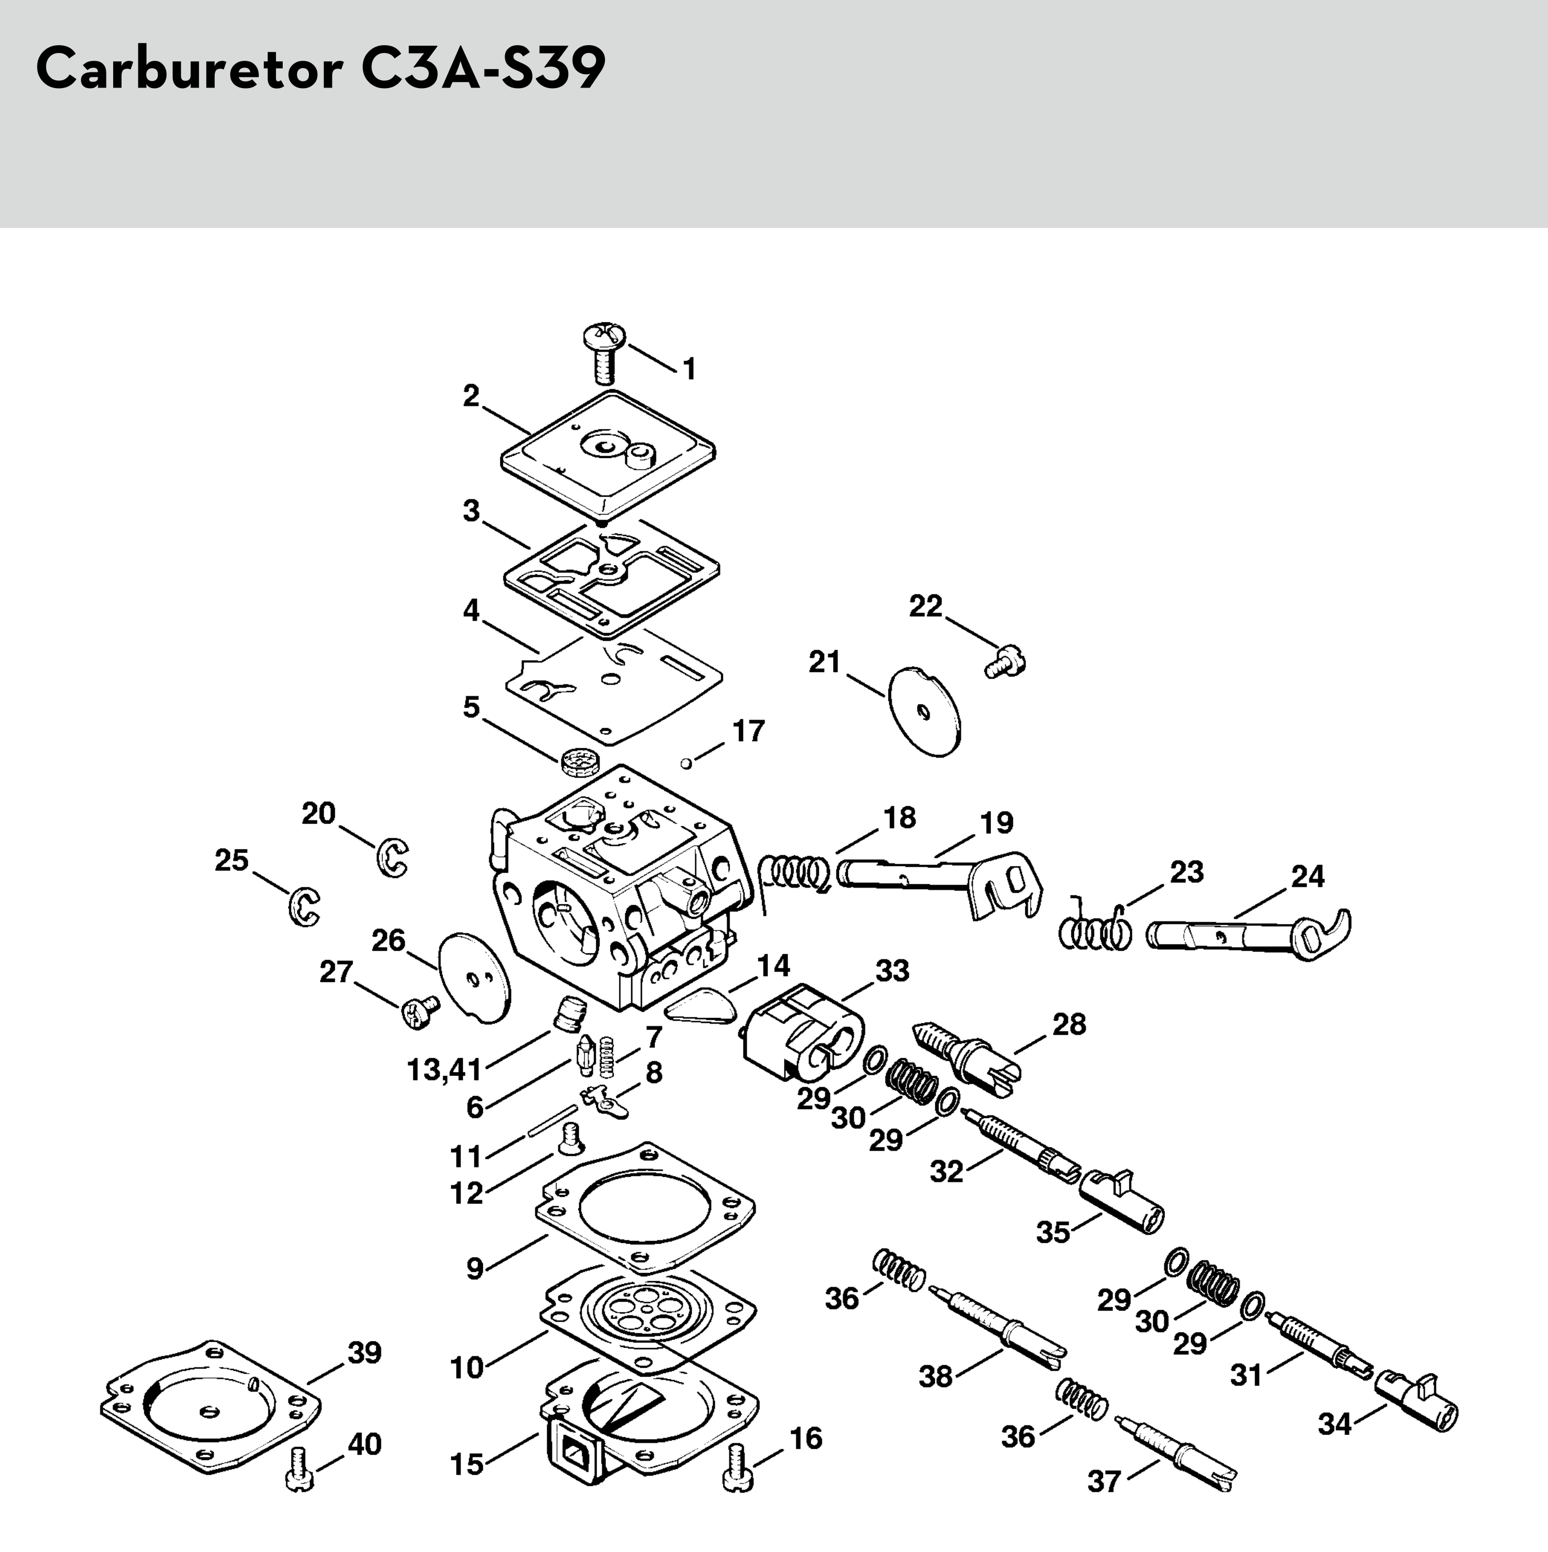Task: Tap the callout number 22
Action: click(x=925, y=607)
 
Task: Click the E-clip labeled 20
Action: click(x=392, y=857)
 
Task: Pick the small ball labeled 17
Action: click(x=685, y=762)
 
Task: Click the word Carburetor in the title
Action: click(x=190, y=69)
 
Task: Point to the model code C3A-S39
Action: click(x=482, y=69)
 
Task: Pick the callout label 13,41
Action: click(x=444, y=1069)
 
